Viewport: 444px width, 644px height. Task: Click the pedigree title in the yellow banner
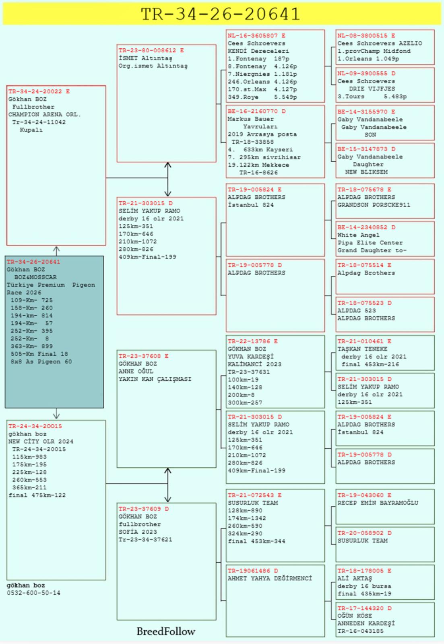click(221, 14)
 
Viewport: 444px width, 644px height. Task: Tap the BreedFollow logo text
click(166, 632)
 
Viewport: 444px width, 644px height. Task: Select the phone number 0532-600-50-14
click(34, 593)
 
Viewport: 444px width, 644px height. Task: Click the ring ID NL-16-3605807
click(253, 36)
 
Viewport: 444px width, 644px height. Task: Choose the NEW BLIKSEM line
click(366, 172)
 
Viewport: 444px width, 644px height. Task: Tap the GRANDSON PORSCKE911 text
click(374, 205)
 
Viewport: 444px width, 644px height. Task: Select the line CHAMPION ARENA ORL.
click(45, 114)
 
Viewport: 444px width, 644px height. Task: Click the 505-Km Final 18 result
click(39, 354)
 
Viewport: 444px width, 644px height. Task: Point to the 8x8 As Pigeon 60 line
click(41, 362)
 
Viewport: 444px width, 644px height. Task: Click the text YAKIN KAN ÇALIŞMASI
click(155, 379)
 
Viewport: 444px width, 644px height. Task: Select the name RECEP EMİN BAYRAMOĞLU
click(378, 503)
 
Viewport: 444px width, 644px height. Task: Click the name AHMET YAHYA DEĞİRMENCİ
click(270, 578)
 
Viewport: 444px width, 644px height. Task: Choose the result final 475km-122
click(37, 495)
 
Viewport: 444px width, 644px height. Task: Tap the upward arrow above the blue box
click(56, 251)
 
